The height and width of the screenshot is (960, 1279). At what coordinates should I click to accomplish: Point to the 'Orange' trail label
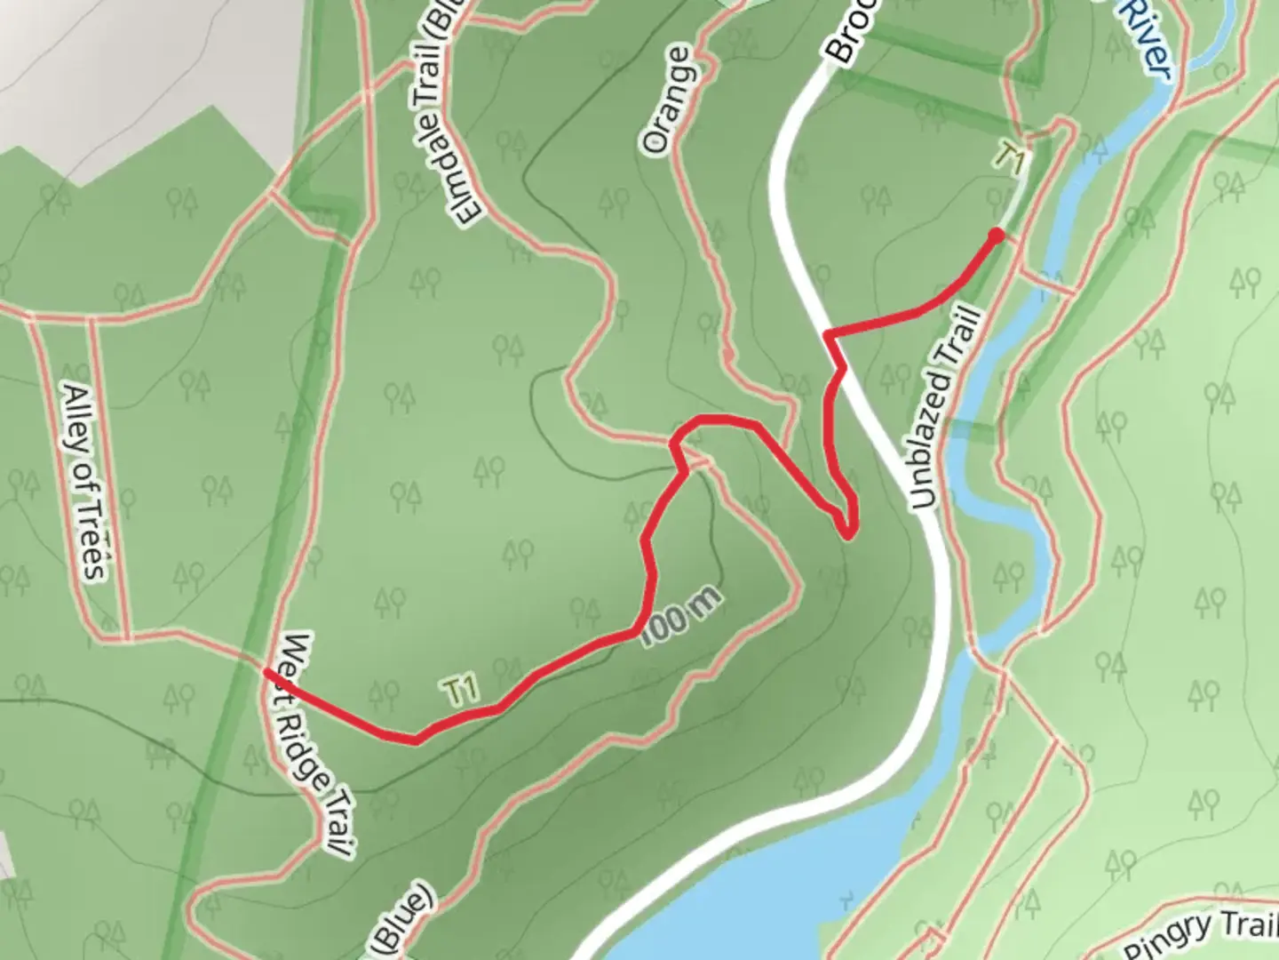668,100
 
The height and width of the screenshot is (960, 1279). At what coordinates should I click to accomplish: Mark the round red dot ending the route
996,235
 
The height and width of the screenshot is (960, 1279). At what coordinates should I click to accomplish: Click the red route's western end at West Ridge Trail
267,674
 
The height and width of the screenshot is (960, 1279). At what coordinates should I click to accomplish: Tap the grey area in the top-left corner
133,62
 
